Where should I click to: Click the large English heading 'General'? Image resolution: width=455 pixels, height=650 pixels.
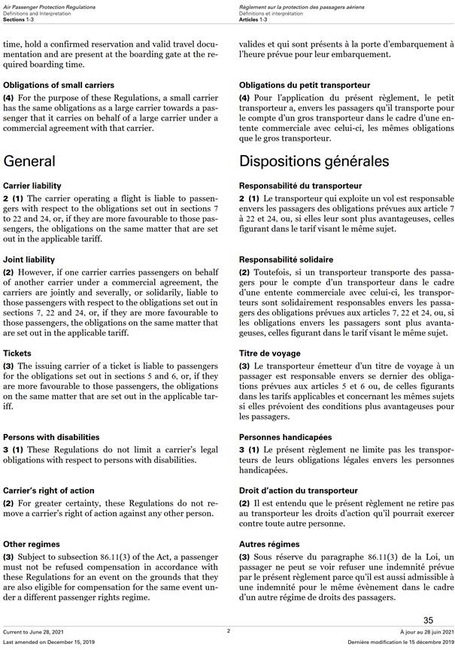29,161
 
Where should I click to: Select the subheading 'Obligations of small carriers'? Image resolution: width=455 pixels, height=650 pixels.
59,85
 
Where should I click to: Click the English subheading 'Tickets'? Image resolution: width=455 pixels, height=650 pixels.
17,353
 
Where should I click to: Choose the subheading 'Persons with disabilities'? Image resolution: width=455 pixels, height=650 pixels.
51,436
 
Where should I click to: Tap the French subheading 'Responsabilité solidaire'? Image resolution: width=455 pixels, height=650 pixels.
287,260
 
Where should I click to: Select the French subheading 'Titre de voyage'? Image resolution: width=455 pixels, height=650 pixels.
269,353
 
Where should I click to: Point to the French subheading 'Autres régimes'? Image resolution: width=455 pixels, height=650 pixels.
269,544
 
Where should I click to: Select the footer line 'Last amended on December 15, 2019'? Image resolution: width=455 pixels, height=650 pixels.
47,642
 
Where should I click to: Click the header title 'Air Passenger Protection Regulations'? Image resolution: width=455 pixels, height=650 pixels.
46,5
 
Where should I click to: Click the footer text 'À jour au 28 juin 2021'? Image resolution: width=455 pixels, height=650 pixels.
424,631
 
